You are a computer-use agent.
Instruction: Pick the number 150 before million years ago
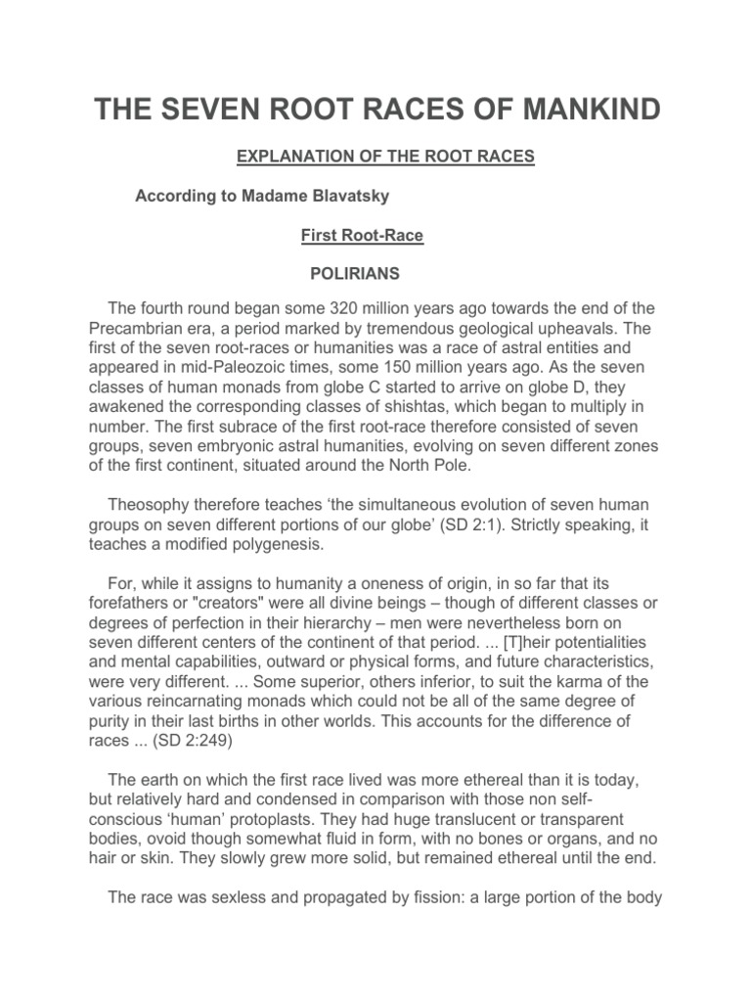tap(421, 368)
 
